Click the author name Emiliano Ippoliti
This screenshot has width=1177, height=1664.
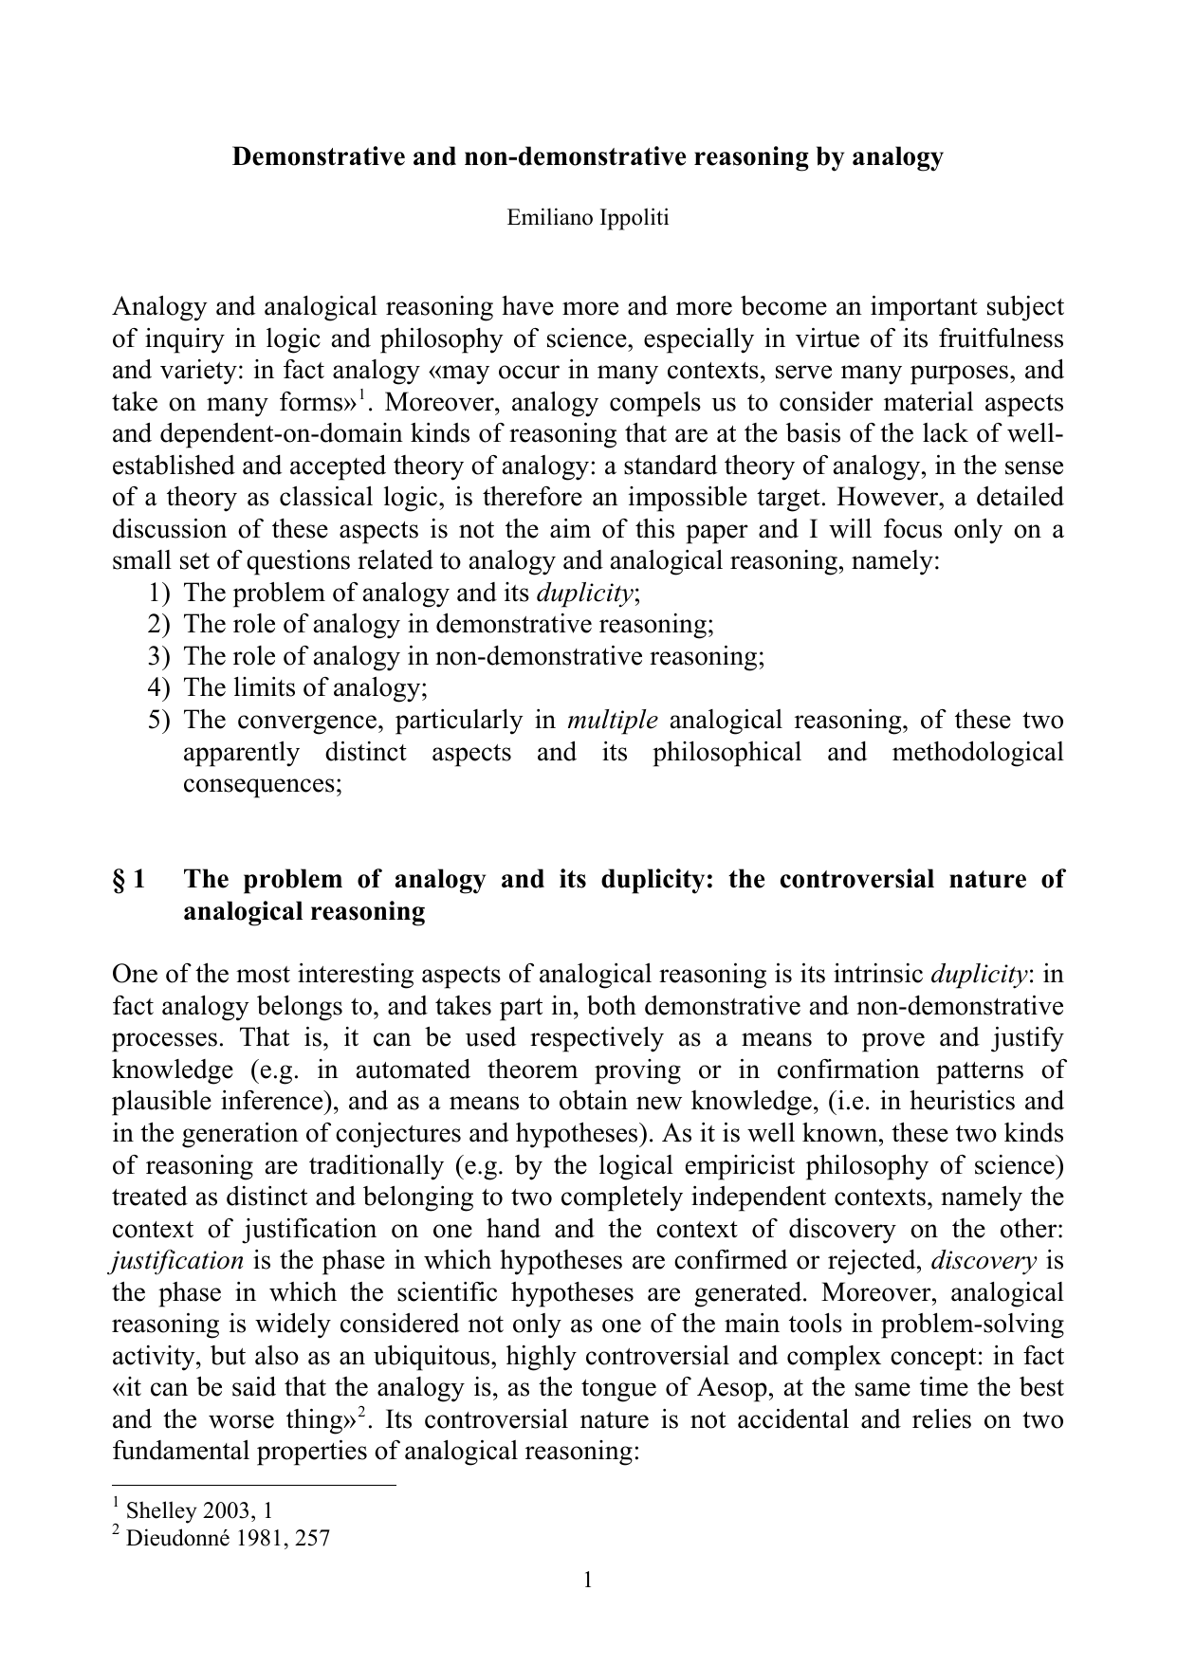(x=588, y=217)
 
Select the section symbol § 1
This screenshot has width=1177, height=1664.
(x=129, y=879)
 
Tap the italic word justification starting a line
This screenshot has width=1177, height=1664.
(x=178, y=1261)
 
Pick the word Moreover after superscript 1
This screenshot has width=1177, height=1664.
(x=437, y=402)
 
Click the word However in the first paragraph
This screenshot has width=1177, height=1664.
(x=884, y=497)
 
